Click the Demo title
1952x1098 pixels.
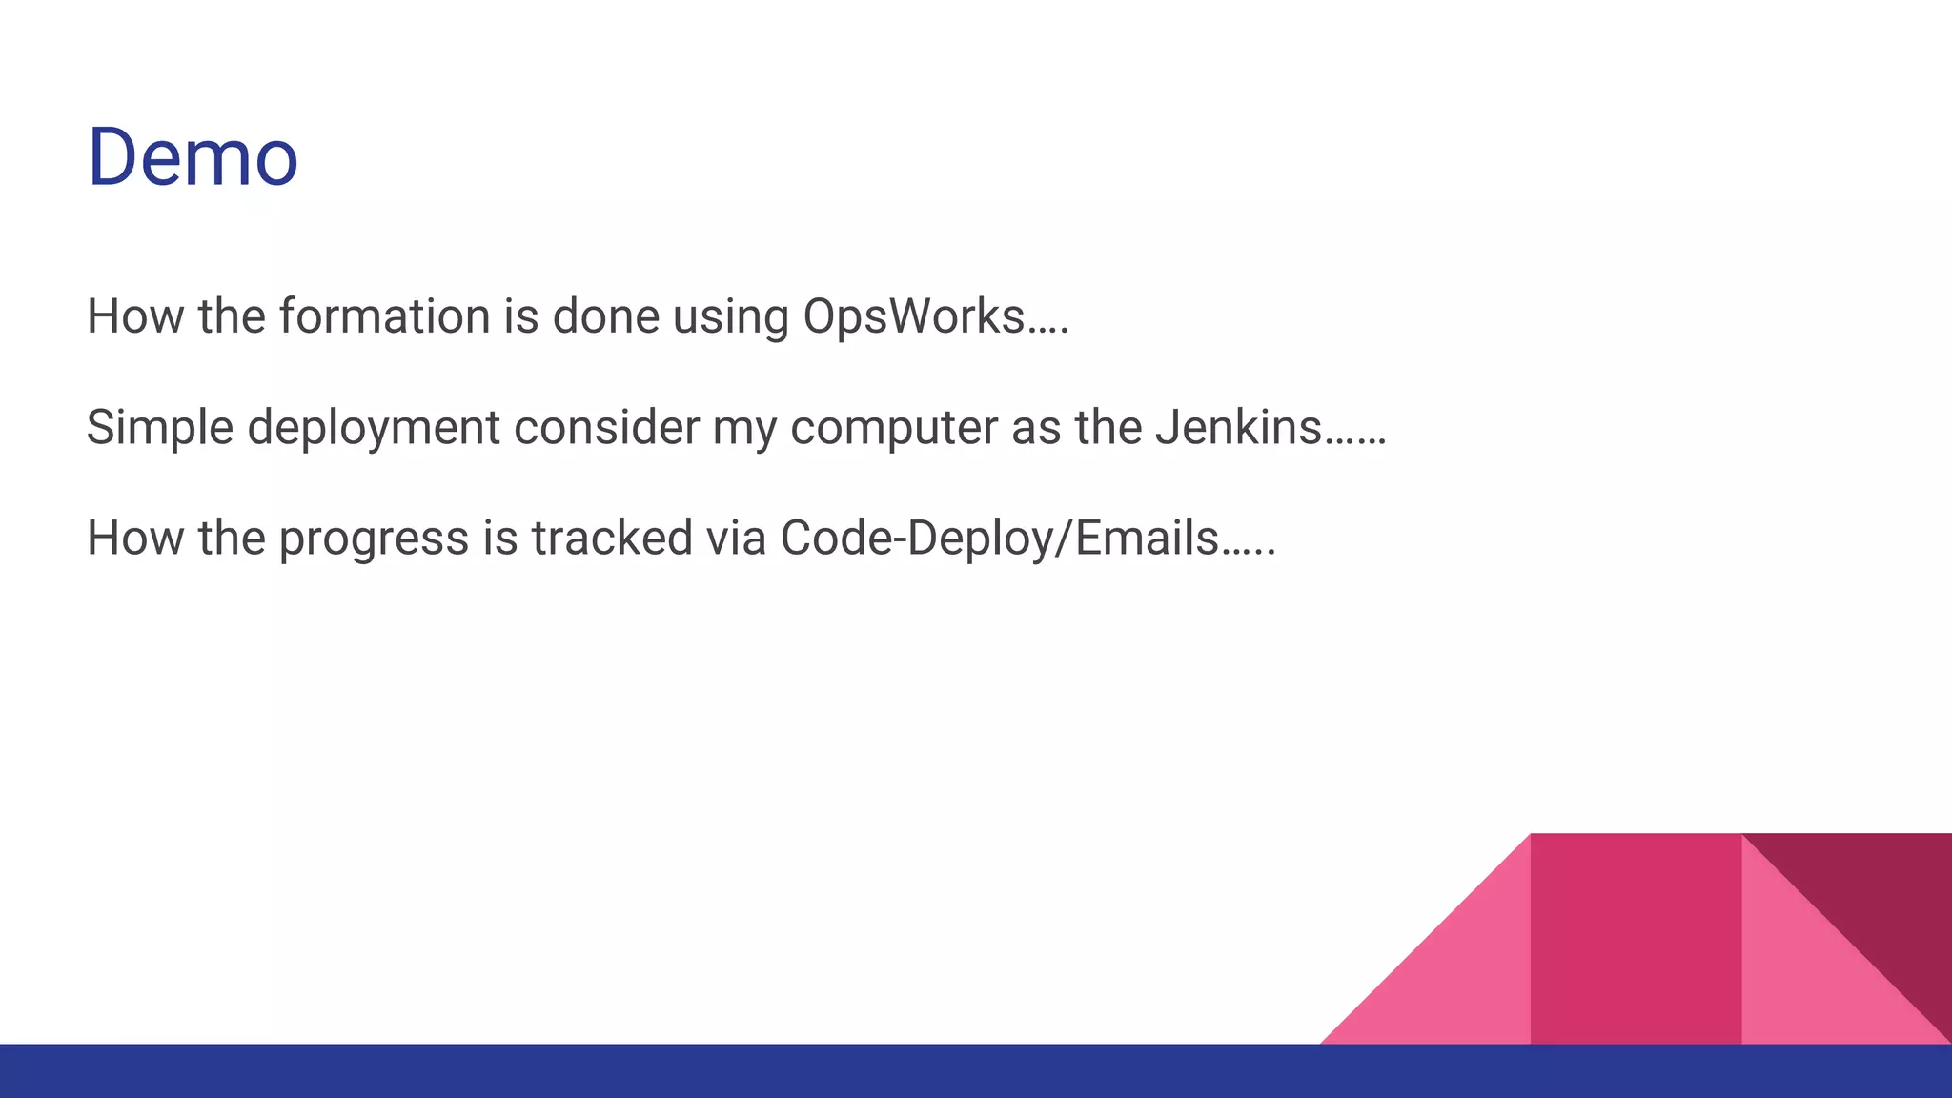193,156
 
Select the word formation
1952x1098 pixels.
384,316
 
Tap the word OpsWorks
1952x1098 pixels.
913,316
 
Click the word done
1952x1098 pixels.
605,316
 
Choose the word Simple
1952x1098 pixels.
159,428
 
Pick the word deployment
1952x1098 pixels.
373,428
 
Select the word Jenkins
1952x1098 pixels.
1238,426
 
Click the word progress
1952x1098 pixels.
374,539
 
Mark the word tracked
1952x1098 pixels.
611,538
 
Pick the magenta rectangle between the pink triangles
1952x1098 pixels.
1636,939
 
